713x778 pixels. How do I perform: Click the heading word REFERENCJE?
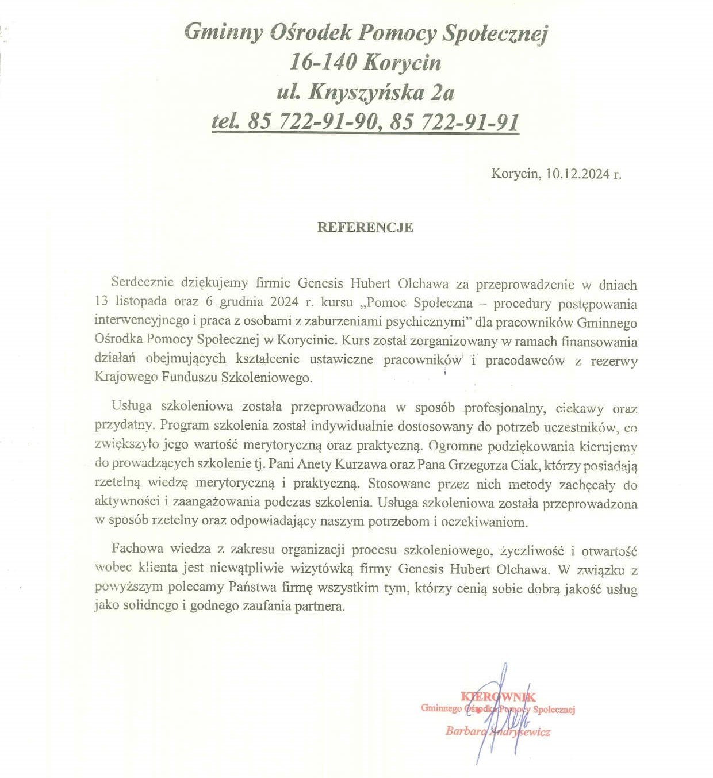(x=365, y=227)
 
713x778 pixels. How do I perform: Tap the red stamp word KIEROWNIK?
(x=498, y=697)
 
